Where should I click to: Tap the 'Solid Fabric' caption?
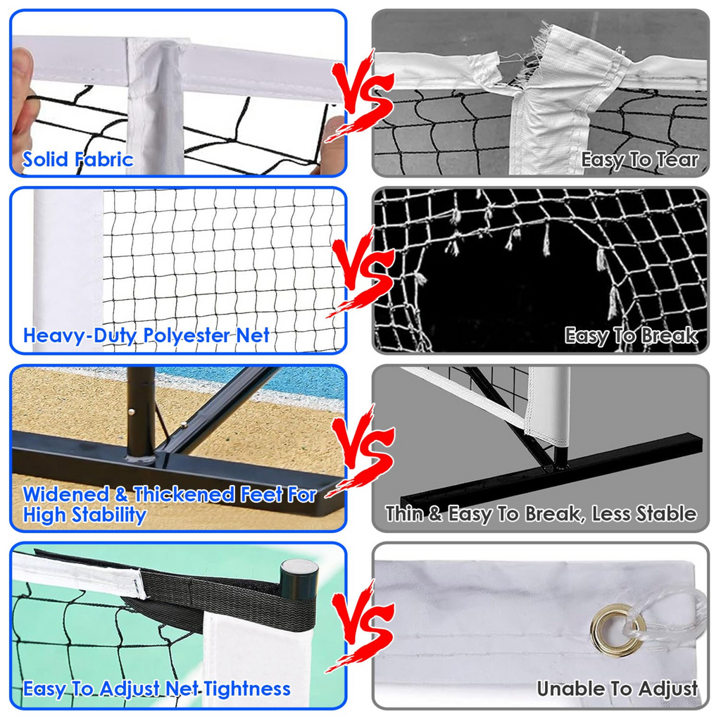click(x=77, y=159)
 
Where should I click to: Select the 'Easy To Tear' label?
click(x=639, y=160)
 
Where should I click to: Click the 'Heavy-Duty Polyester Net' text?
click(x=146, y=335)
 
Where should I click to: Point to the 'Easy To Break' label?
click(x=631, y=336)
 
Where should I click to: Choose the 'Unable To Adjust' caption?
click(x=617, y=688)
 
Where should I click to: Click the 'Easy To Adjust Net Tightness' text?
click(x=156, y=688)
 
